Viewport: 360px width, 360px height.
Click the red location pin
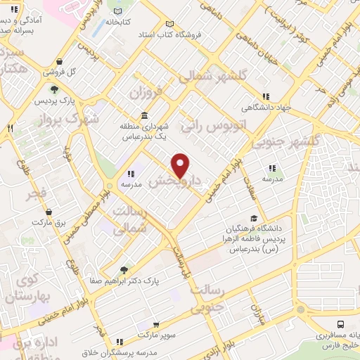tap(181, 164)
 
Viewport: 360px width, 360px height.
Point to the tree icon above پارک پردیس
tap(54, 89)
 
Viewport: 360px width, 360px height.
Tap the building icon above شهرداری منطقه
tap(144, 115)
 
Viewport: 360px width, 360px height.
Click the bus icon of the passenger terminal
tap(341, 323)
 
